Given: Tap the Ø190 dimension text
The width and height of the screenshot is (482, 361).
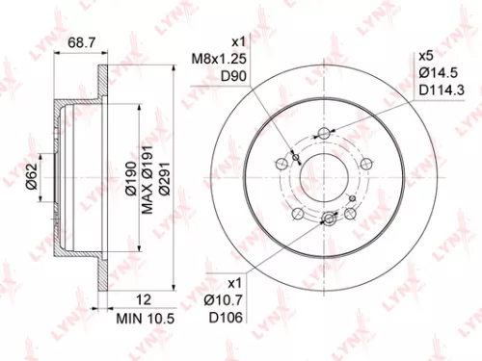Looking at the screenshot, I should (x=129, y=177).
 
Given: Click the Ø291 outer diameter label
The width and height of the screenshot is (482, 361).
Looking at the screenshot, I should (x=166, y=177).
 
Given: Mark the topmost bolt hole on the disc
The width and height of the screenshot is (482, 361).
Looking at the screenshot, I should (x=325, y=133).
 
